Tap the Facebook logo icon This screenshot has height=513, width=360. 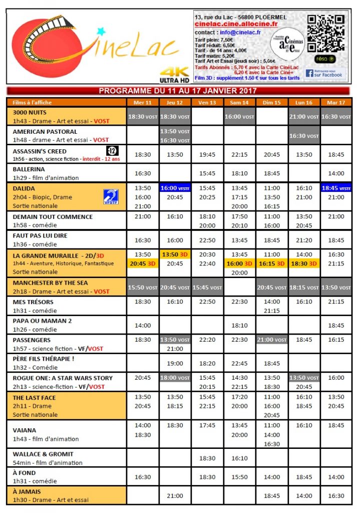[x=310, y=73]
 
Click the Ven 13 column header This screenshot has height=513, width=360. [x=207, y=102]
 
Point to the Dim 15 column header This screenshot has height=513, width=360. [x=272, y=102]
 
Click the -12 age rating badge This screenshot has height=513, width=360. [x=112, y=151]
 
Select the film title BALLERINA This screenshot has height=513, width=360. [x=29, y=169]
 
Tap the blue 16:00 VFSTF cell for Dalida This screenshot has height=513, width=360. [x=175, y=188]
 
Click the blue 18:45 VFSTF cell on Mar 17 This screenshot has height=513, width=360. [x=336, y=188]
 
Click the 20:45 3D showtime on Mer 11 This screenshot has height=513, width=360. [x=143, y=263]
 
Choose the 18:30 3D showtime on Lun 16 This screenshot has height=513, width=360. [x=304, y=263]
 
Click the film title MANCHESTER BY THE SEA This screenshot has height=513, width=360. [x=50, y=283]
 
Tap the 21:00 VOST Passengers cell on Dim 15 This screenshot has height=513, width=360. [x=272, y=340]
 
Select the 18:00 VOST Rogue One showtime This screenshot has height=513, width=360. [x=175, y=378]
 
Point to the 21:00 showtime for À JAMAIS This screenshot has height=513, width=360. [x=175, y=495]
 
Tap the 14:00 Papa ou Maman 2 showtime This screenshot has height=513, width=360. [x=143, y=325]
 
